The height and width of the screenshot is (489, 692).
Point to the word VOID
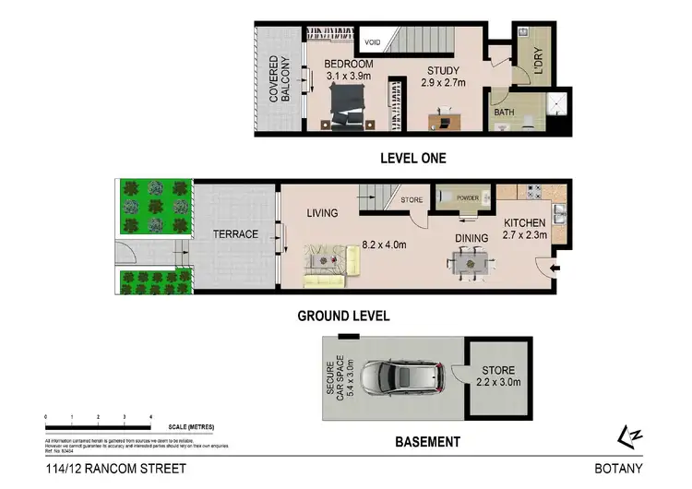(x=374, y=42)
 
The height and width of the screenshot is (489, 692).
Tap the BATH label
(x=504, y=113)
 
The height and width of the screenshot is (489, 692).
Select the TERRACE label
(x=235, y=234)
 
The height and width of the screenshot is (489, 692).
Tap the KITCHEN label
(x=524, y=223)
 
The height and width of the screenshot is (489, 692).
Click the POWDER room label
(x=466, y=197)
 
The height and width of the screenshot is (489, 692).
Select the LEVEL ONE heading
(x=412, y=158)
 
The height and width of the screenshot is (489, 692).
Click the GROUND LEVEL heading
(x=343, y=316)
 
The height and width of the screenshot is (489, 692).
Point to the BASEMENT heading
(x=427, y=442)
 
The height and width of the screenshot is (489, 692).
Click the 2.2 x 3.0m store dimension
(x=499, y=381)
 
